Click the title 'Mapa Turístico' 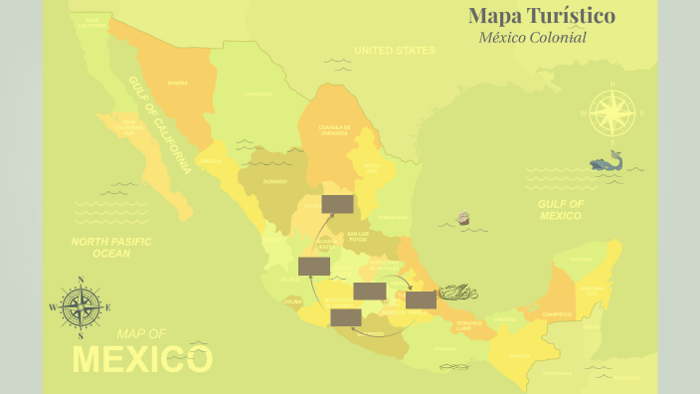click(542, 16)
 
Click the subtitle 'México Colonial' click(532, 38)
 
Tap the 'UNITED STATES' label click(395, 50)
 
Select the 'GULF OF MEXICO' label click(561, 209)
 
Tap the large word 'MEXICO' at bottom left click(143, 358)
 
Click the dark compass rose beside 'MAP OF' click(80, 307)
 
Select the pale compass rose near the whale click(612, 112)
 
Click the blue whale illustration click(606, 161)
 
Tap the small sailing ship click(462, 218)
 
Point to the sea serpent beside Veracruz click(457, 292)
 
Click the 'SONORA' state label click(178, 83)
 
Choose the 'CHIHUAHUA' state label click(258, 95)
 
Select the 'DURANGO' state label click(275, 181)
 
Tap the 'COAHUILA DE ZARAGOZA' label click(334, 129)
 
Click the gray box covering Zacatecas click(337, 204)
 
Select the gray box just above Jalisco click(314, 266)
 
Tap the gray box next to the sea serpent click(421, 299)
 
